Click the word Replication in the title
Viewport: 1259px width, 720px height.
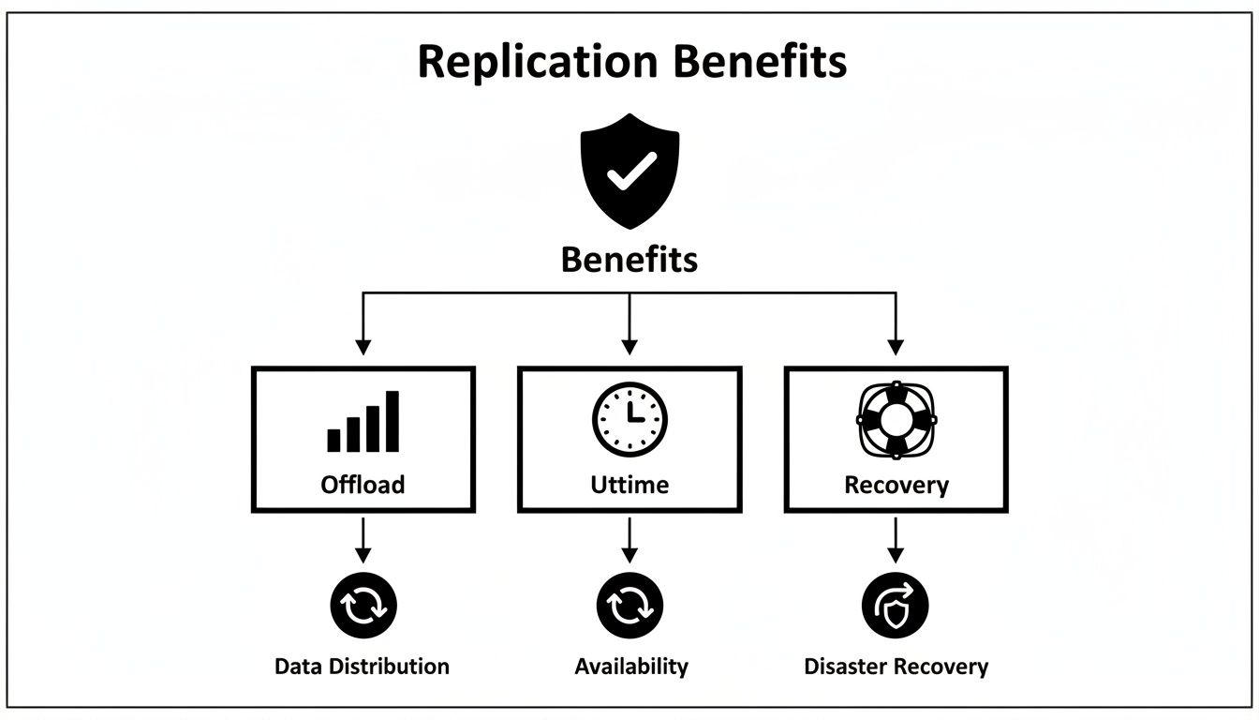pos(537,62)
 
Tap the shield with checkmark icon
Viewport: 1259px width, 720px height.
pos(629,171)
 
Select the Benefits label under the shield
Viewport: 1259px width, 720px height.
pos(629,260)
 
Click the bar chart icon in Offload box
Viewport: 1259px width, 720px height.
pos(363,422)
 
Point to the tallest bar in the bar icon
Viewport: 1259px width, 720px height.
pos(393,422)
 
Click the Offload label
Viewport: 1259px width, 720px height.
pos(363,485)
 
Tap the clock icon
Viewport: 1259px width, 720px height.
pos(629,419)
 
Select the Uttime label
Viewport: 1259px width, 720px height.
pos(629,485)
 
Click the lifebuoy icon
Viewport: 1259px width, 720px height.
pos(896,420)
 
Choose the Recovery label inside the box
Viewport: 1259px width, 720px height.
pos(896,485)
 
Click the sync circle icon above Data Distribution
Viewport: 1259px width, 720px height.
pos(363,606)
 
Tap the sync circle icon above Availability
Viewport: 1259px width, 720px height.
pos(629,606)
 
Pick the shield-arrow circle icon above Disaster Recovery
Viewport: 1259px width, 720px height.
pos(896,606)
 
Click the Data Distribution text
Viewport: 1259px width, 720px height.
pos(362,667)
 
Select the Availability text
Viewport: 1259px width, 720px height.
pos(631,667)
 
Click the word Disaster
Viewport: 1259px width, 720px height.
pos(847,667)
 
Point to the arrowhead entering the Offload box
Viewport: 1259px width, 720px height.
pos(363,347)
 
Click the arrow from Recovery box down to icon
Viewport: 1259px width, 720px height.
pos(896,539)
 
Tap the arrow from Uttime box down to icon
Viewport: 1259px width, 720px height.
pos(629,539)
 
